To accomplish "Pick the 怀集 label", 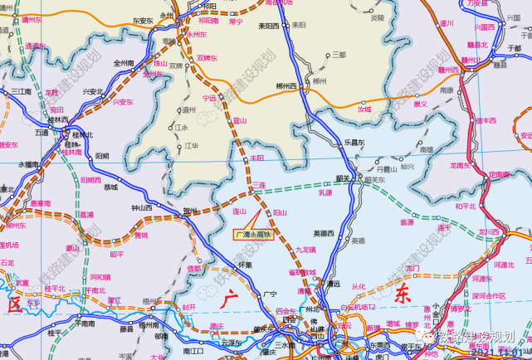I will [x=244, y=265].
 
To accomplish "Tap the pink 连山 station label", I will [x=240, y=212].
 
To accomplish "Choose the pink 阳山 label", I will [x=280, y=212].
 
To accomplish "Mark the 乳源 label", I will [x=325, y=192].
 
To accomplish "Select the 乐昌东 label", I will [x=355, y=143].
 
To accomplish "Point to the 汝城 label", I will [x=364, y=108].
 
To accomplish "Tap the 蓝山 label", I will [x=240, y=120].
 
